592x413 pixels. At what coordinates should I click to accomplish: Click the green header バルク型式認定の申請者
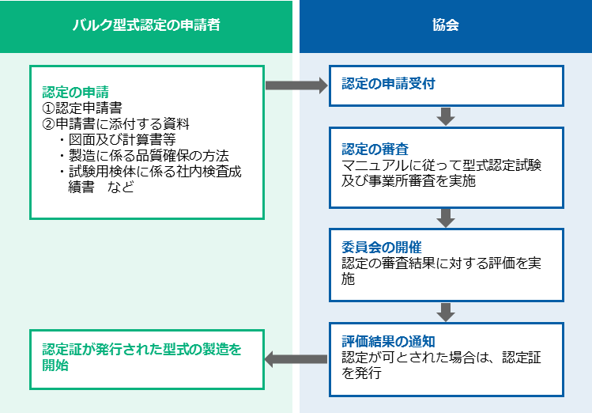pos(146,25)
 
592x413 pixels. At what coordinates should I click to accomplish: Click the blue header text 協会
pos(446,25)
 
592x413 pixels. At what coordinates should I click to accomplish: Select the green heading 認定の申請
pos(76,92)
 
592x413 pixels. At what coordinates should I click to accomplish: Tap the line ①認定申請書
pos(82,108)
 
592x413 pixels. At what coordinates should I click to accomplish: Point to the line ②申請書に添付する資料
pos(115,124)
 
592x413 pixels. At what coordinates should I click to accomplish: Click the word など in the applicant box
pos(121,187)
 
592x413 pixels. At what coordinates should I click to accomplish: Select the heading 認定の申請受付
pos(389,84)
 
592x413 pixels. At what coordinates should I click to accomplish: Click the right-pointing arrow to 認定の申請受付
pos(296,85)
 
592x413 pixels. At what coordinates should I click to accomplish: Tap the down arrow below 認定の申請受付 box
pos(446,116)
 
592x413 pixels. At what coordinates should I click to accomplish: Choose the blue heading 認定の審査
pos(375,149)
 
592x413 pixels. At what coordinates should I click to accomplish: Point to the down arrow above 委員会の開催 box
pos(446,218)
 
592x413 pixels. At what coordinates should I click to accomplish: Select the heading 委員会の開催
pos(382,247)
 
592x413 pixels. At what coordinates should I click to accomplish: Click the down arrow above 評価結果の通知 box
pos(446,312)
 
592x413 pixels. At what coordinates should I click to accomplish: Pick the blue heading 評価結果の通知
pos(389,341)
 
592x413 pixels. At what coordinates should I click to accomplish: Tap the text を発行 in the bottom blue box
pos(361,373)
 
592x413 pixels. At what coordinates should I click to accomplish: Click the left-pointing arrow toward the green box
pos(296,359)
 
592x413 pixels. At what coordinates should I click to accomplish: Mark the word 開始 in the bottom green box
pos(55,366)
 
